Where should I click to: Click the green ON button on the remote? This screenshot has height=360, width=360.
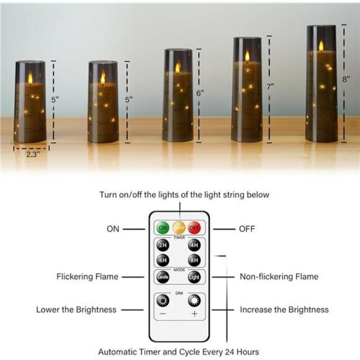coord(163,228)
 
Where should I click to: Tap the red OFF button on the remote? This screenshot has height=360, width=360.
coord(194,228)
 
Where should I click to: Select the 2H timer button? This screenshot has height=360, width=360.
coord(163,245)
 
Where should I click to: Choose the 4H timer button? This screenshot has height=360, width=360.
coord(194,245)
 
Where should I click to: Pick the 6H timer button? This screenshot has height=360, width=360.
coord(163,259)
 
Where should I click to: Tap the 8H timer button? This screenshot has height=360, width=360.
coord(194,259)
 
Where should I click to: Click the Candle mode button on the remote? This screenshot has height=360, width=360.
coord(163,277)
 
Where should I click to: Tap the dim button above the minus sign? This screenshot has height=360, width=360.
coord(163,301)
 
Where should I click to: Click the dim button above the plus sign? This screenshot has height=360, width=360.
coord(194,301)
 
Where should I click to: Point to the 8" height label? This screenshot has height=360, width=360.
coord(346,79)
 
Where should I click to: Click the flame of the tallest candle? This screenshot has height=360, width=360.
coord(321,46)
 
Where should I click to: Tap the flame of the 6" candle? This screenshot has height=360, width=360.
coord(178,67)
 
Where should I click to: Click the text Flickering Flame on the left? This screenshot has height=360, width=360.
coord(87,277)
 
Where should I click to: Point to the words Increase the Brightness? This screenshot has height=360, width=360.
coord(284,309)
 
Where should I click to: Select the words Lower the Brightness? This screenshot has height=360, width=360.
coord(76,309)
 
